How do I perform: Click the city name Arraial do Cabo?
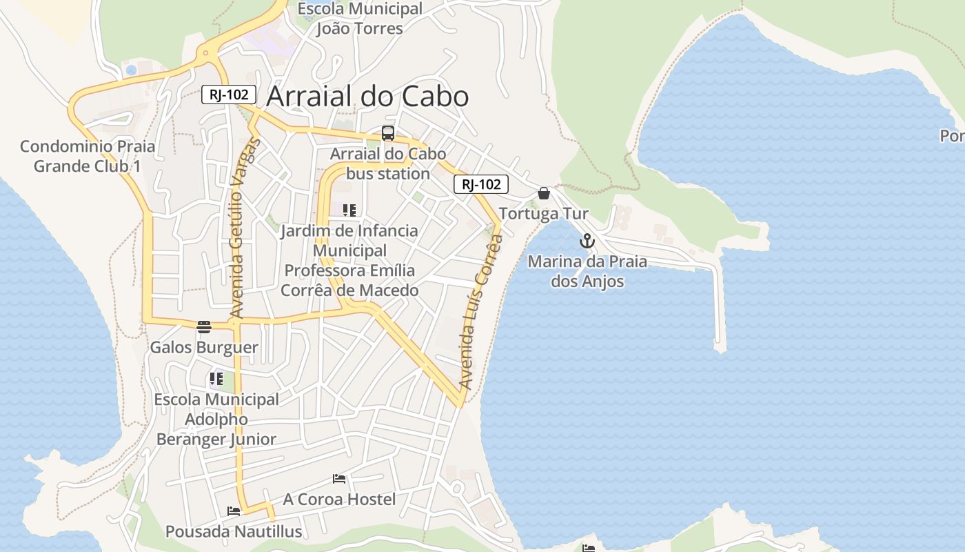point(367,97)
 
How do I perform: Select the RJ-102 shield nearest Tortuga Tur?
point(480,184)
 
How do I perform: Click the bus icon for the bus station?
point(388,133)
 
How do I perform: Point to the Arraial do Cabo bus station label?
point(388,164)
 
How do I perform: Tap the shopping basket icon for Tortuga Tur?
point(544,193)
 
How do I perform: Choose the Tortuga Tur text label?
point(544,213)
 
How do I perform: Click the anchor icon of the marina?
point(587,241)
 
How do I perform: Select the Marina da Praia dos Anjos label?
point(587,271)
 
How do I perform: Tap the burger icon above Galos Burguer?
point(203,326)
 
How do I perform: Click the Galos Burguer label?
point(204,347)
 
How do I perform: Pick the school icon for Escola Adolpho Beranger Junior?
point(216,379)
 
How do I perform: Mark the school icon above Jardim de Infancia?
point(349,210)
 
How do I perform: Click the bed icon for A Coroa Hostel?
point(339,478)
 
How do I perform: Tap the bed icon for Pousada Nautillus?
point(234,511)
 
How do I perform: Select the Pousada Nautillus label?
point(234,531)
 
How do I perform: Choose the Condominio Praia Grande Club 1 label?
point(88,156)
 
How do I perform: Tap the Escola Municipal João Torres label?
point(359,19)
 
